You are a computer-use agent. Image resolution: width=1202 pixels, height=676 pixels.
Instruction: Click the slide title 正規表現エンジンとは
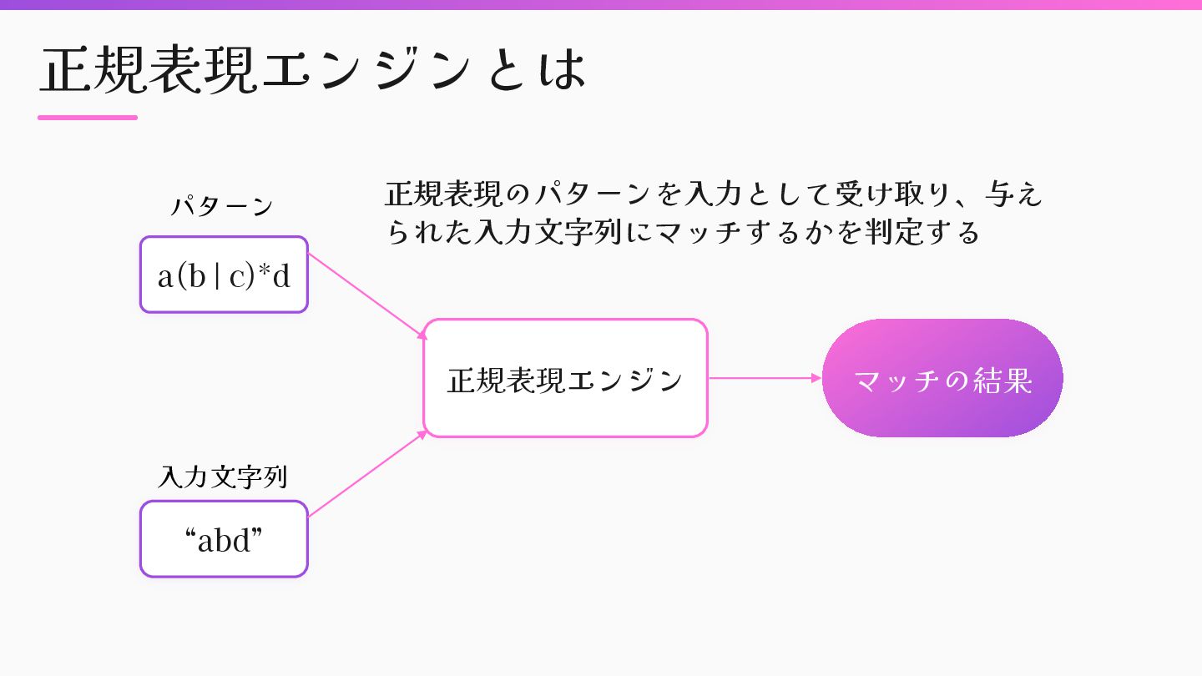[313, 70]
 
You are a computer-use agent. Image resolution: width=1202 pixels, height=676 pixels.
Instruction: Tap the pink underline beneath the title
[88, 118]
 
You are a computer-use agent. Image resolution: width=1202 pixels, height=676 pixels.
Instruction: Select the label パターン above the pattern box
[222, 207]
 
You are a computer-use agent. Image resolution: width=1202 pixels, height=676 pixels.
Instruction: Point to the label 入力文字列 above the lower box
[222, 477]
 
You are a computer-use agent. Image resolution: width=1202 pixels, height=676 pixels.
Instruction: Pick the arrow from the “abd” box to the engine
[367, 474]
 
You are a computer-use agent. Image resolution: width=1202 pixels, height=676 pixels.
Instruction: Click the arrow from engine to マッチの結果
[764, 378]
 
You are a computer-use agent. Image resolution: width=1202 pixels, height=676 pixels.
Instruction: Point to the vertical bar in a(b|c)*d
[217, 276]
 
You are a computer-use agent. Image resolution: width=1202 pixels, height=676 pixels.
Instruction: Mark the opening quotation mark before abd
[190, 534]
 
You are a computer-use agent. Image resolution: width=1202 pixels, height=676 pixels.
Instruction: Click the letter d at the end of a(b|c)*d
[282, 276]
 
